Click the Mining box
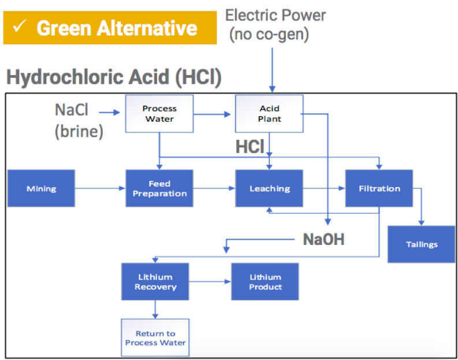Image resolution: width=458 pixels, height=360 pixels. [41, 188]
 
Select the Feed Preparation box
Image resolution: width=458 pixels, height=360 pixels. [159, 188]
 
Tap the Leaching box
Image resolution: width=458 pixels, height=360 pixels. [269, 188]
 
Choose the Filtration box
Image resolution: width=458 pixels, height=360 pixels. [379, 188]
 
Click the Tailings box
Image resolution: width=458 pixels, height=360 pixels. [422, 244]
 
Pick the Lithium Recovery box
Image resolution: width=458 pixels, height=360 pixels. [155, 281]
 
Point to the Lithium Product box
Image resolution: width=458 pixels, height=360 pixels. [265, 281]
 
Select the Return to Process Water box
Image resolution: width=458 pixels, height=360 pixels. [155, 338]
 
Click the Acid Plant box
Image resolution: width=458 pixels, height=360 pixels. [269, 114]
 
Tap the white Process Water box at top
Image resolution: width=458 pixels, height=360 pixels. [159, 114]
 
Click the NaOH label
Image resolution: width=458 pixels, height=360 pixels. [323, 240]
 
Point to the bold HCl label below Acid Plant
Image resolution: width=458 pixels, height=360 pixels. [250, 146]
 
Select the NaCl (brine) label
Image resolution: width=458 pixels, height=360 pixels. [79, 121]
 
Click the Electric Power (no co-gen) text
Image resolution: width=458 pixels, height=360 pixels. [275, 25]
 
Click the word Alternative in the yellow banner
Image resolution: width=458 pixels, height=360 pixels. [147, 28]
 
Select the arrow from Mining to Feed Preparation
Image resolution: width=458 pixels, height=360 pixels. [100, 188]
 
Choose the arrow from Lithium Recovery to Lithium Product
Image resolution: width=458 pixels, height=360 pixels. [210, 281]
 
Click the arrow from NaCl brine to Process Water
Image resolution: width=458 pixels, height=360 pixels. [110, 113]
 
